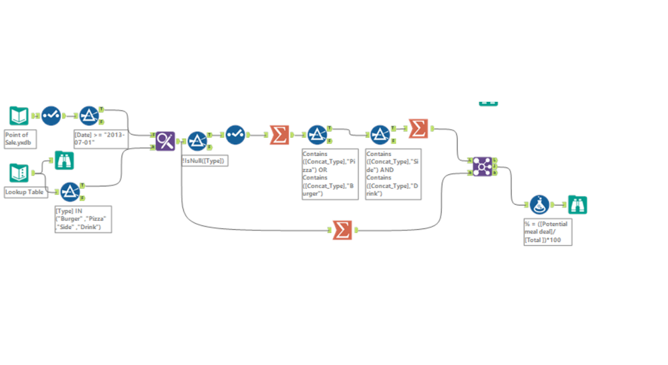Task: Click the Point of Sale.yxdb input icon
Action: [x=18, y=116]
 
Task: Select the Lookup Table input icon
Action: [x=18, y=173]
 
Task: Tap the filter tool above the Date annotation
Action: [x=89, y=116]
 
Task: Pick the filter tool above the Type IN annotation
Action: [x=70, y=192]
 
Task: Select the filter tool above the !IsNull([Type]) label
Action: [x=197, y=141]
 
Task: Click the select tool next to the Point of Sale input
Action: [x=51, y=116]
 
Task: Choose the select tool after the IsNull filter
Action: [x=235, y=135]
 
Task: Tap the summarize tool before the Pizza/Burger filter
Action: [x=280, y=135]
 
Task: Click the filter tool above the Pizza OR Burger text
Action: [x=316, y=135]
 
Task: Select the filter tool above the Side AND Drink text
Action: [x=380, y=135]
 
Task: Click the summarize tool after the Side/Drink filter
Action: [x=418, y=128]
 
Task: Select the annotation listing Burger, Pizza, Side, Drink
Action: [x=82, y=219]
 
